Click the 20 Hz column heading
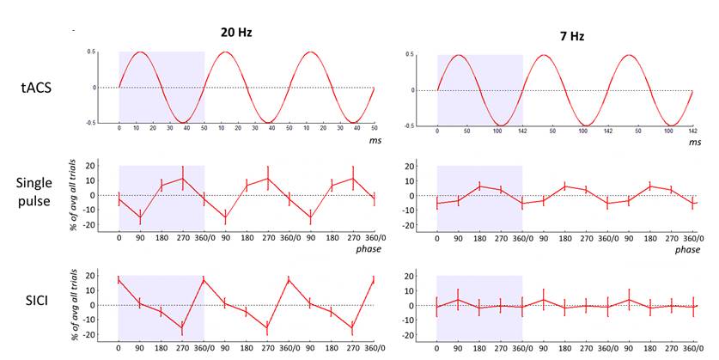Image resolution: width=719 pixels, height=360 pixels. click(234, 32)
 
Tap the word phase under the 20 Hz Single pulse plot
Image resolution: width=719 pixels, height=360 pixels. click(368, 249)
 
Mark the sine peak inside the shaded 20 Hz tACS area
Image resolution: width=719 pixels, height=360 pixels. click(140, 52)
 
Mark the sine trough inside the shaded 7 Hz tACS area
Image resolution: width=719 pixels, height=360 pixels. click(501, 125)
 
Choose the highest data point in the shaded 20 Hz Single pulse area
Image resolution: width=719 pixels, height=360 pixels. click(182, 179)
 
